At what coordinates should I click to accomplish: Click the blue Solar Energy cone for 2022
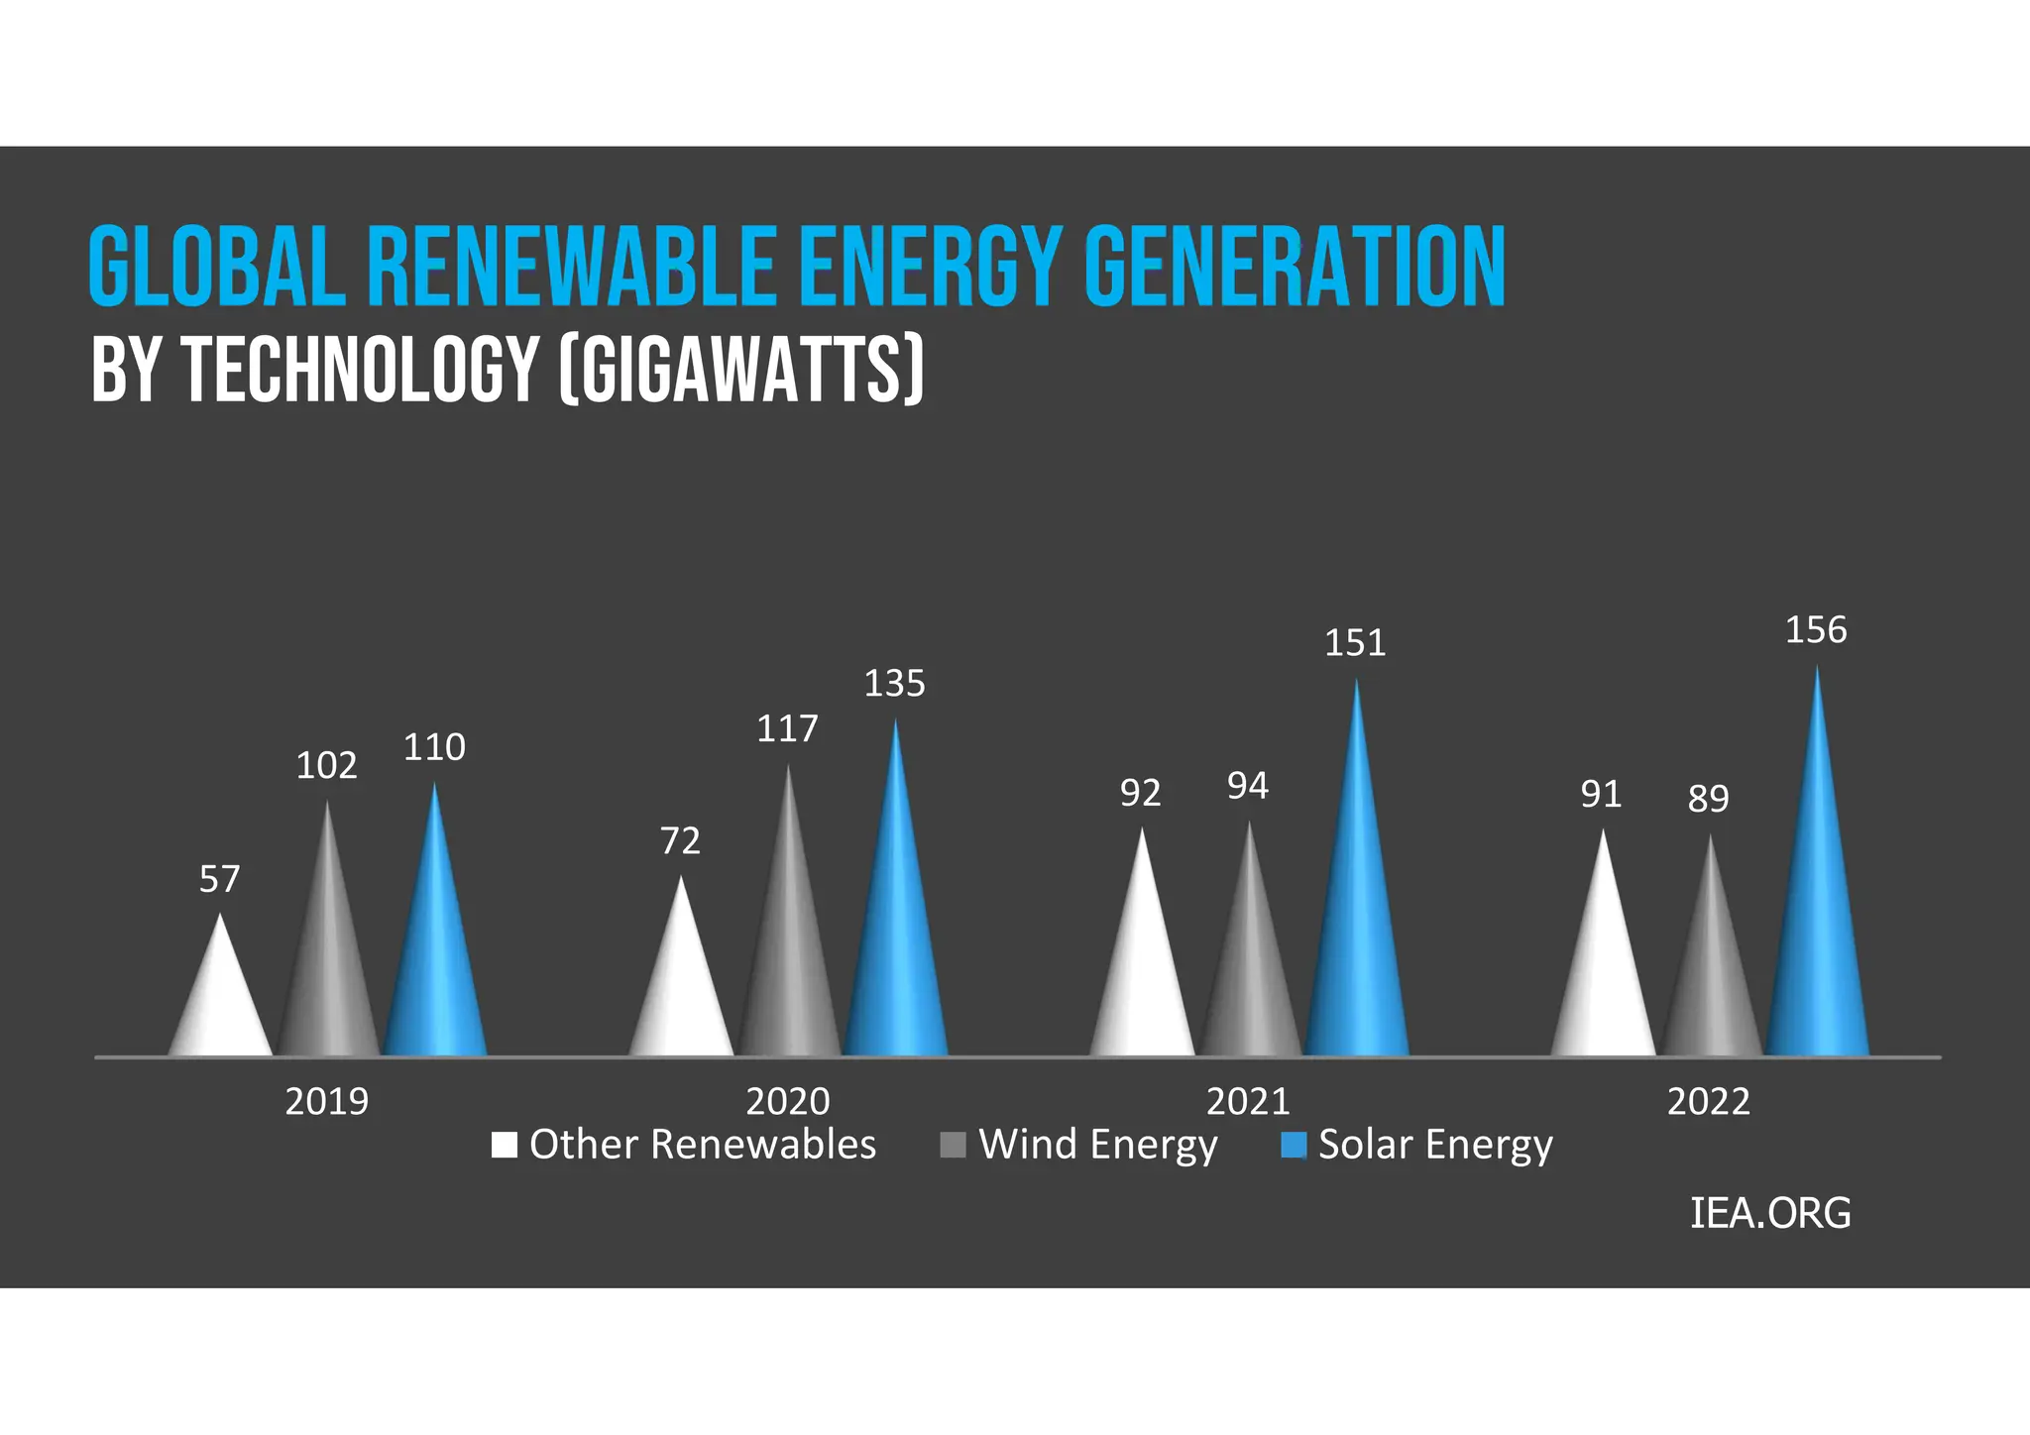point(1817,922)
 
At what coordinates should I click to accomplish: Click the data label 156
point(1816,630)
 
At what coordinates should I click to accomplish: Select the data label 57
point(219,879)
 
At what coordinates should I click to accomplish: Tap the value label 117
point(787,729)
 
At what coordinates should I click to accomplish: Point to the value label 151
point(1355,643)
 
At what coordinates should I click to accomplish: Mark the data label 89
point(1708,798)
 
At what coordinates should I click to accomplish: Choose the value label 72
point(680,841)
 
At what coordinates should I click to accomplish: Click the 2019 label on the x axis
point(326,1101)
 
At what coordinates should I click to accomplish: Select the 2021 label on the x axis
point(1248,1101)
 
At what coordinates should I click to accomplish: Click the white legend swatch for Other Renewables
point(505,1146)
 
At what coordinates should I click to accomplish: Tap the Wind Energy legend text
point(1097,1145)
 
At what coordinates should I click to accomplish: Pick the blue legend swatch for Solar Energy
point(1293,1146)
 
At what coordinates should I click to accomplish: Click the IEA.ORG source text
point(1769,1213)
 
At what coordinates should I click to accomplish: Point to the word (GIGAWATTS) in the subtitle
point(741,369)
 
